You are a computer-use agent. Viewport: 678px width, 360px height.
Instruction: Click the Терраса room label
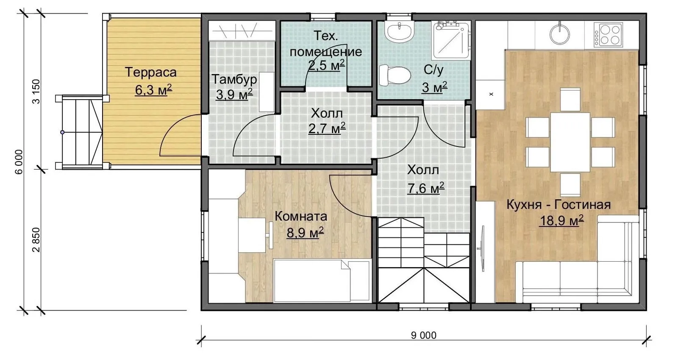pyautogui.click(x=151, y=72)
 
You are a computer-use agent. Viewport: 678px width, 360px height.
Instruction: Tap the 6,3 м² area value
pyautogui.click(x=153, y=89)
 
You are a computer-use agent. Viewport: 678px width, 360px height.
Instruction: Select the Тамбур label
pyautogui.click(x=234, y=79)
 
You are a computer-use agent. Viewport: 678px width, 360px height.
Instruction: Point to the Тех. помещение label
pyautogui.click(x=326, y=44)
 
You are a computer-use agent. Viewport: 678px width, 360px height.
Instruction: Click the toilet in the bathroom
pyautogui.click(x=395, y=75)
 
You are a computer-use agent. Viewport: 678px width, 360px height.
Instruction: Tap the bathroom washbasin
pyautogui.click(x=399, y=31)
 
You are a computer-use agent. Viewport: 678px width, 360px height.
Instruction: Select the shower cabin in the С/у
pyautogui.click(x=451, y=40)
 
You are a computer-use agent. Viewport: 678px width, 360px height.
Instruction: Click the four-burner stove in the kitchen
pyautogui.click(x=609, y=34)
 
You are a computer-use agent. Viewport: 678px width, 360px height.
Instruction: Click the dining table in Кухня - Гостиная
pyautogui.click(x=570, y=142)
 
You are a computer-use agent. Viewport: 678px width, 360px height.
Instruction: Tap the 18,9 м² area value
pyautogui.click(x=561, y=220)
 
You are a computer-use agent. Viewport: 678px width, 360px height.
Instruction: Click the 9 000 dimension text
pyautogui.click(x=424, y=335)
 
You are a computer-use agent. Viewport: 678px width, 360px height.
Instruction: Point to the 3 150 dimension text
pyautogui.click(x=36, y=92)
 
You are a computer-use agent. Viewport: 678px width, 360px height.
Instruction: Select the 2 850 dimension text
pyautogui.click(x=36, y=240)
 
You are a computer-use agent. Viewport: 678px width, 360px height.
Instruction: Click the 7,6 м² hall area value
pyautogui.click(x=426, y=188)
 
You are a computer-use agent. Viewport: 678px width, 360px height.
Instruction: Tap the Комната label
pyautogui.click(x=301, y=216)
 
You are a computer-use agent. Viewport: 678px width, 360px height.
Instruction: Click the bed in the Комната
pyautogui.click(x=322, y=280)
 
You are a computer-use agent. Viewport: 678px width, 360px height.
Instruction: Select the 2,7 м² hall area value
pyautogui.click(x=327, y=128)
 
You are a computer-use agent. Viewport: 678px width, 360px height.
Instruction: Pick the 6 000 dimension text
pyautogui.click(x=19, y=162)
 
